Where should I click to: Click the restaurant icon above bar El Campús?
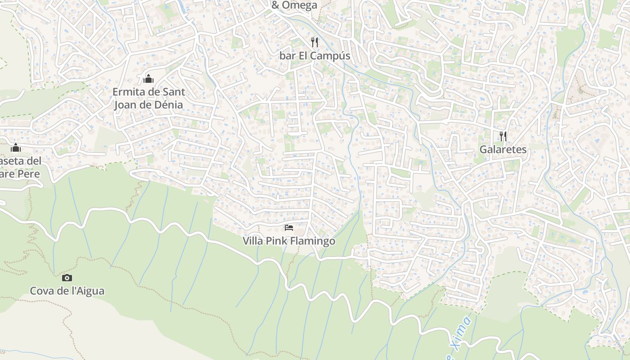(315, 42)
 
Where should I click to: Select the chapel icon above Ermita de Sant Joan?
(148, 79)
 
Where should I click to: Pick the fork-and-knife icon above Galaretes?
(503, 136)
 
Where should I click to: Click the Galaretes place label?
(503, 150)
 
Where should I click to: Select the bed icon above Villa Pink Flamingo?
(289, 228)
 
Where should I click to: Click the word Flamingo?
(313, 241)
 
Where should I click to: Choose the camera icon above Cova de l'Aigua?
(67, 278)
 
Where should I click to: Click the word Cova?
(42, 291)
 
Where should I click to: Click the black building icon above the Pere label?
(16, 148)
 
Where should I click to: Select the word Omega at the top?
(300, 5)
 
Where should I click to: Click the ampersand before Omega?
(275, 5)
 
